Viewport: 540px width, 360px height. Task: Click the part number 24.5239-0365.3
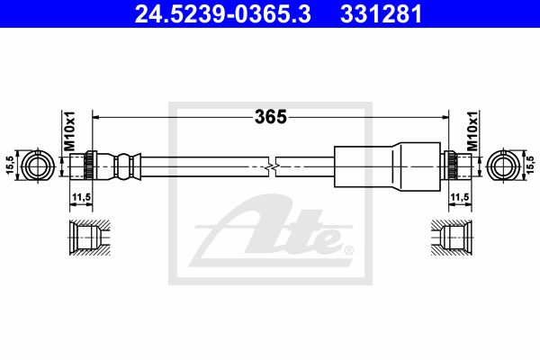click(223, 13)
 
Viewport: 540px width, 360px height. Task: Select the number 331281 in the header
click(382, 13)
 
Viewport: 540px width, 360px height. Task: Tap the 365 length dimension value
click(271, 117)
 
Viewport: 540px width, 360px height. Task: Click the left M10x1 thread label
click(69, 130)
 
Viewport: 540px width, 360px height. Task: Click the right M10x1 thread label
click(472, 130)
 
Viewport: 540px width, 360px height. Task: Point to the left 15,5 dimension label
click(10, 165)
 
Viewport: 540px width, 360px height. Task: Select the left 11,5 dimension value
click(81, 197)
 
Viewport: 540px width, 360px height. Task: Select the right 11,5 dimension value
click(460, 197)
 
